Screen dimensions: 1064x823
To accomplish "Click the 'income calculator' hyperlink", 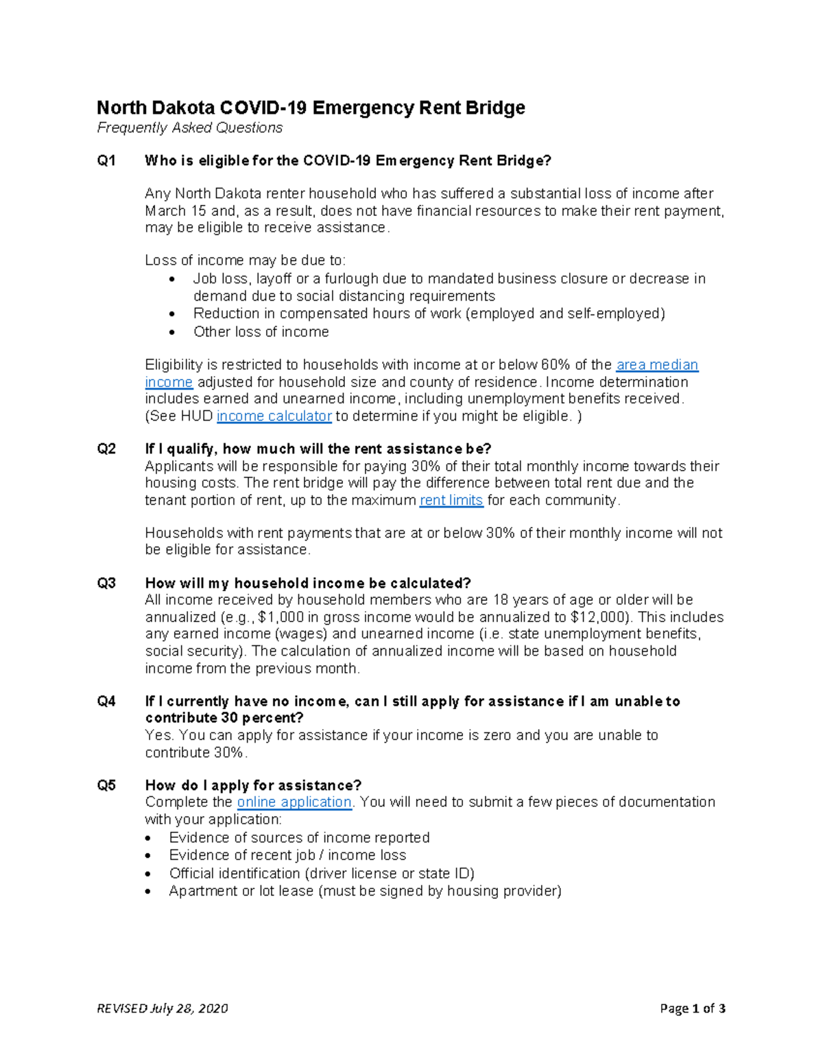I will (274, 417).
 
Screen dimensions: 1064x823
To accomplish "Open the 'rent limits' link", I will (451, 501).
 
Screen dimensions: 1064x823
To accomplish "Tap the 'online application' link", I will (294, 802).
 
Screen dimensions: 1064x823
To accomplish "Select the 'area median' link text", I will (657, 365).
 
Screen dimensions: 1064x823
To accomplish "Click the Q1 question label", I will (106, 161).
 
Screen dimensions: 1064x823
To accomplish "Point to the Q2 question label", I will (106, 449).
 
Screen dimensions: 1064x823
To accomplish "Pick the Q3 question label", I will (106, 584).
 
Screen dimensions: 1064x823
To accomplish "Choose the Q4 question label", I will (106, 702).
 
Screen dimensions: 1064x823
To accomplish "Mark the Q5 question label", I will (106, 786).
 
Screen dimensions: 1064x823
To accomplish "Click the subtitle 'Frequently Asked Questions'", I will (189, 128).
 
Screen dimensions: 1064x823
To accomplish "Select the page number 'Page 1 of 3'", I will (692, 1009).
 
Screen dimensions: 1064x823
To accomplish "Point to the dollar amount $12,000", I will (595, 617).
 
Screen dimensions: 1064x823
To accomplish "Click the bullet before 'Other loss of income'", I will (172, 332).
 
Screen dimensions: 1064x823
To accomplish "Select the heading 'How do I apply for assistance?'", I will (253, 786).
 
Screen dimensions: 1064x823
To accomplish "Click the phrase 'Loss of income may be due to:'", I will (246, 261).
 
